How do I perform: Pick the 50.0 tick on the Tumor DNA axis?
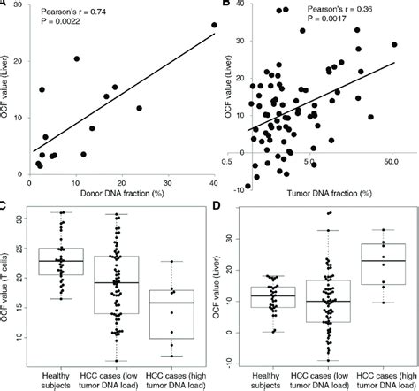click(392, 164)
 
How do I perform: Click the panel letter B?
click(227, 4)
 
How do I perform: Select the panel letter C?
click(4, 205)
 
